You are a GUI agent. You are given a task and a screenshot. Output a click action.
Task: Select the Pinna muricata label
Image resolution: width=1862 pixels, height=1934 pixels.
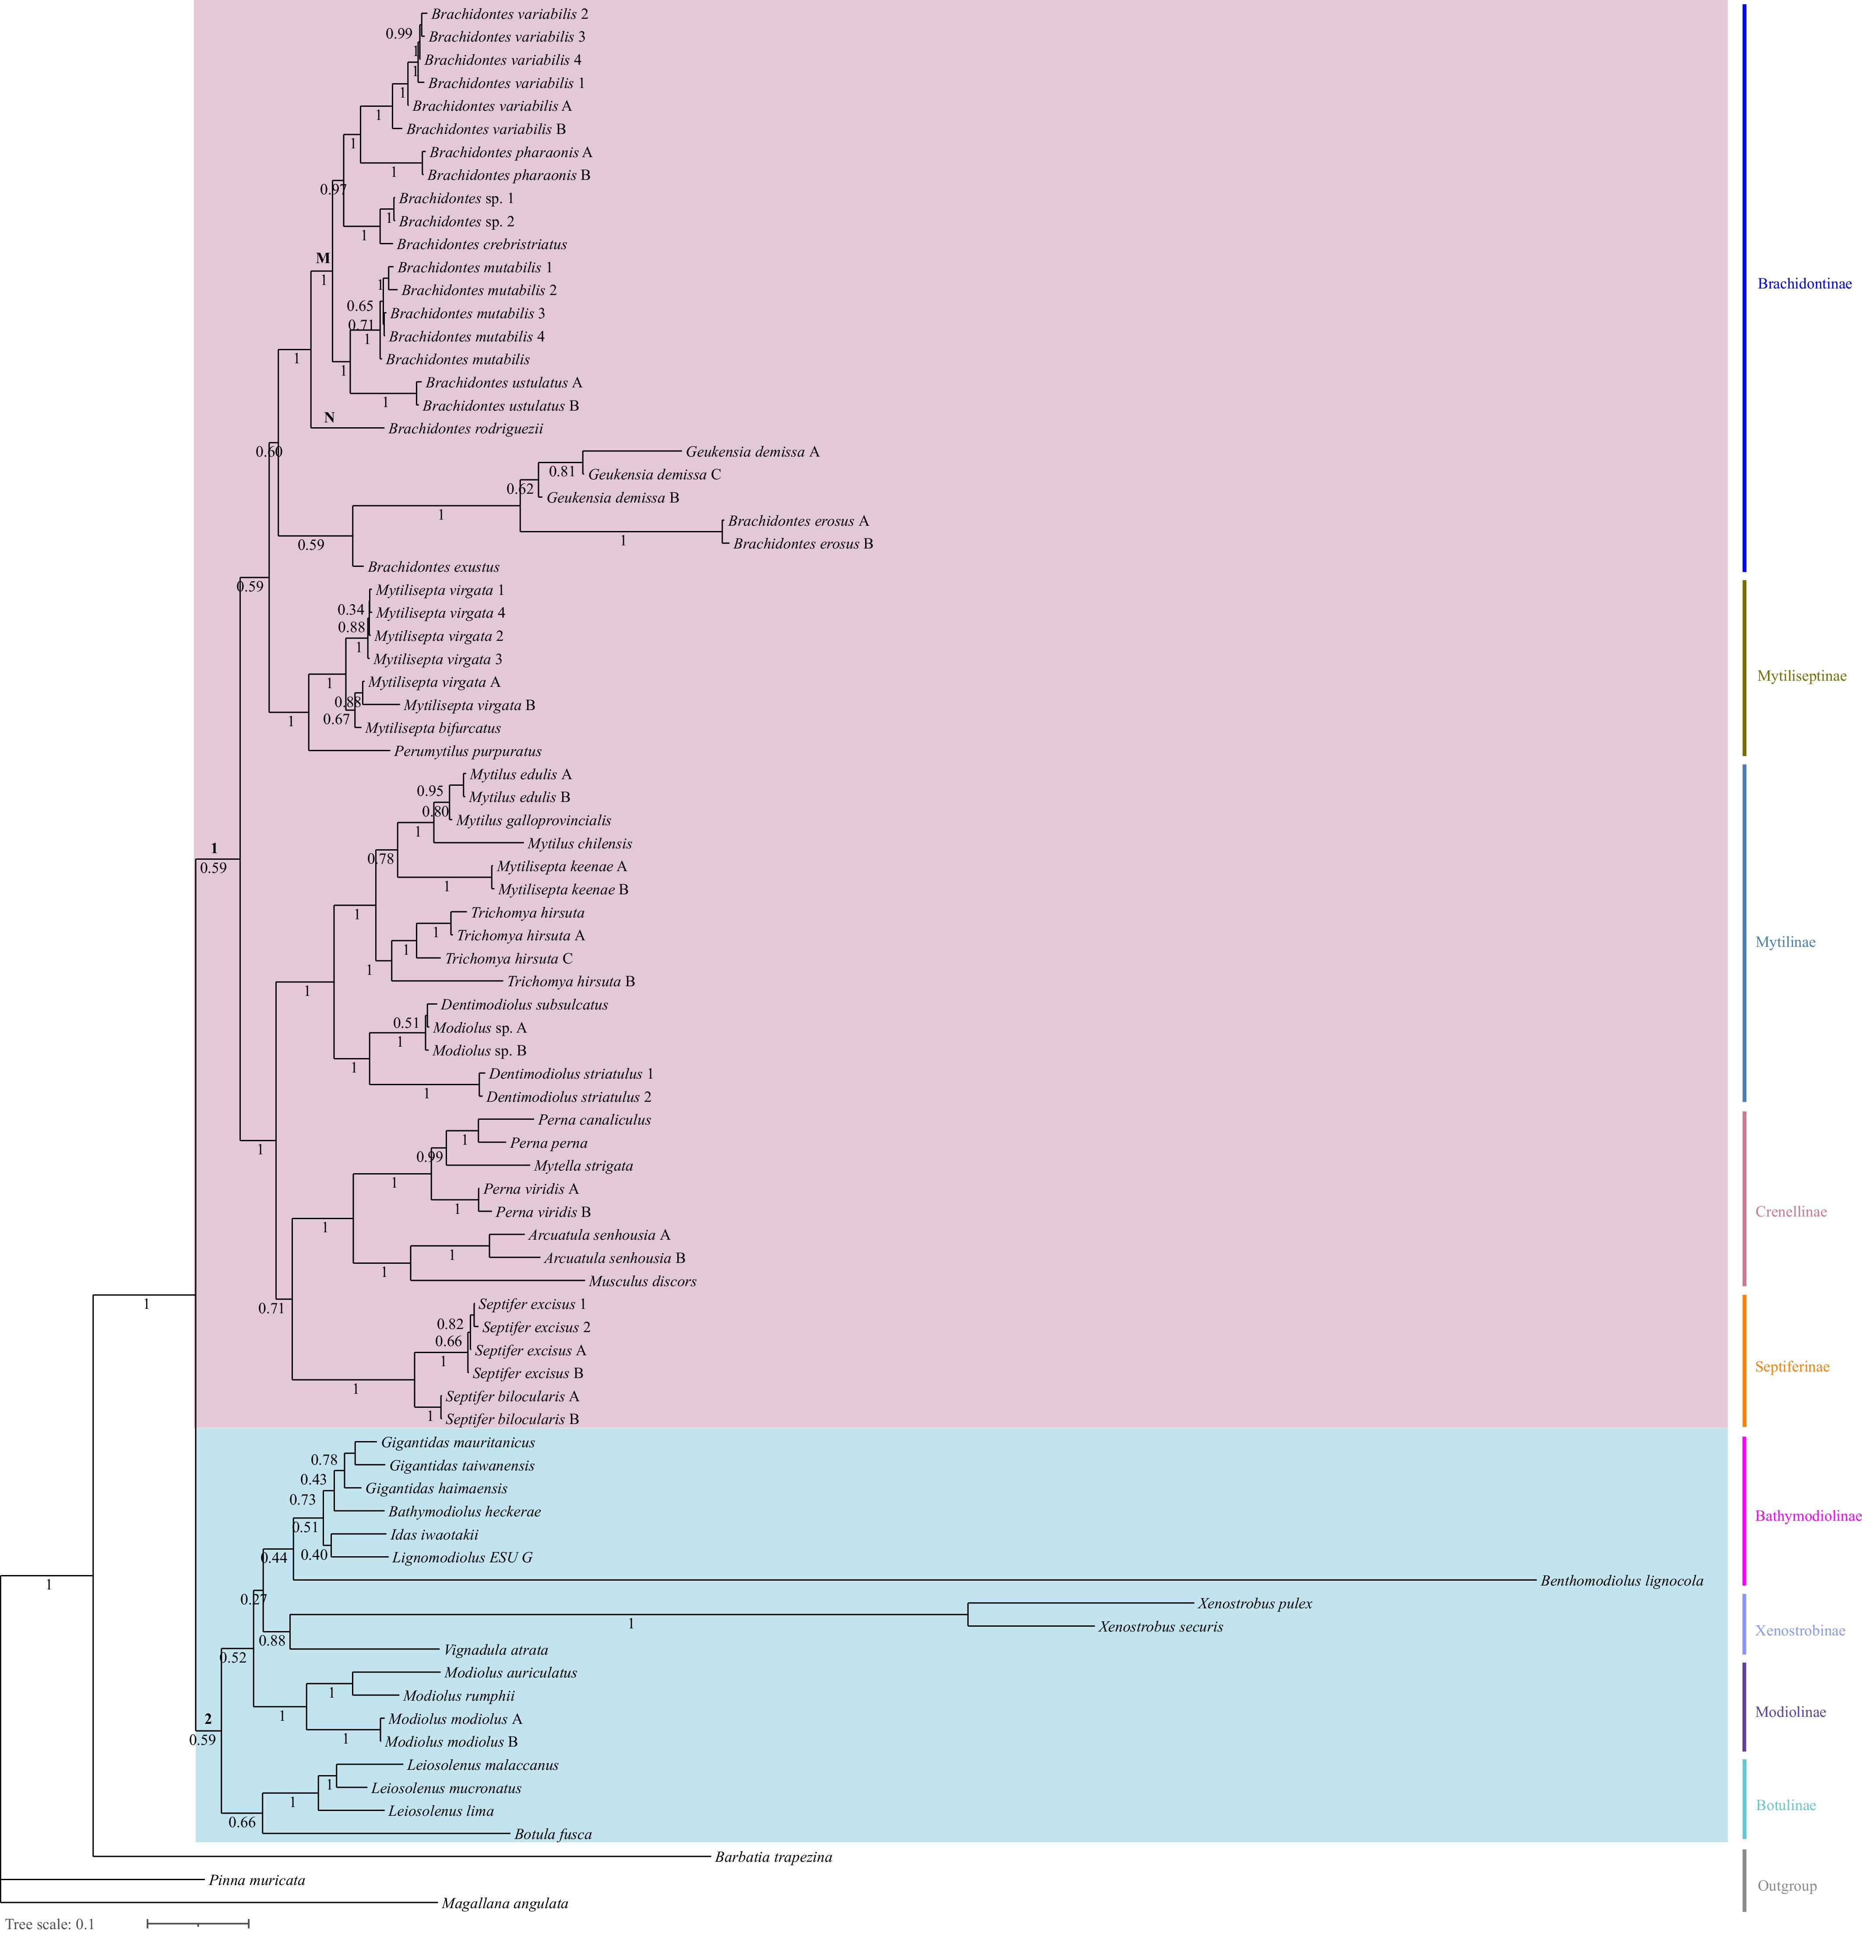click(257, 1880)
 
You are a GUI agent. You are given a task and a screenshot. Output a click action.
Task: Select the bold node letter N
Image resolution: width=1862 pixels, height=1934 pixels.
click(330, 417)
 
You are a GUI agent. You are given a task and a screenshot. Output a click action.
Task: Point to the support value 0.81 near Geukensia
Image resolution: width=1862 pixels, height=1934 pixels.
click(561, 471)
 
